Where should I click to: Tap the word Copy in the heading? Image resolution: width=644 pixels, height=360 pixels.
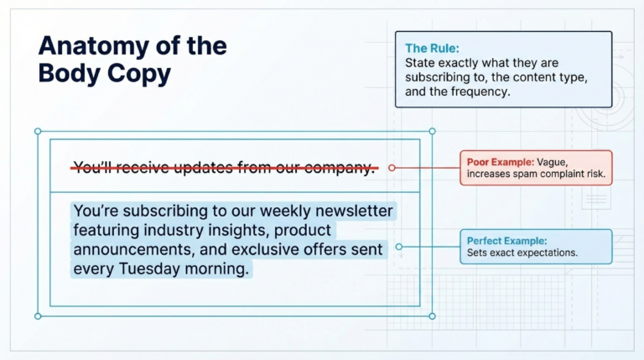[x=139, y=74]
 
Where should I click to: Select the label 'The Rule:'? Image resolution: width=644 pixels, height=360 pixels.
[x=432, y=49]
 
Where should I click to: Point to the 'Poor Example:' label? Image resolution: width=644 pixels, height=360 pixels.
[x=501, y=162]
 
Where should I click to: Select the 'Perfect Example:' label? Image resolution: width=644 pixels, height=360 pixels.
[x=506, y=241]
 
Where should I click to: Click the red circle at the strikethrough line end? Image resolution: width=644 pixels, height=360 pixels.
[x=392, y=168]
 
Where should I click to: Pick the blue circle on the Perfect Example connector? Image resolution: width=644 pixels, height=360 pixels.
[x=399, y=247]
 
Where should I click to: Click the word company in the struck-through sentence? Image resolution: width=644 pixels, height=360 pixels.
[x=340, y=168]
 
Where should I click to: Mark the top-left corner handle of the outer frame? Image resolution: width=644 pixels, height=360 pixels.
[x=38, y=131]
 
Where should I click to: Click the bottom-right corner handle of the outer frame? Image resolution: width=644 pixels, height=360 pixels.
[x=432, y=316]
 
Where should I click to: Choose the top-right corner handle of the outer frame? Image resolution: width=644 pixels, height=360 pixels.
[x=432, y=131]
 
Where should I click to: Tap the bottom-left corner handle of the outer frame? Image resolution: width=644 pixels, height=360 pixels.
[x=38, y=316]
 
